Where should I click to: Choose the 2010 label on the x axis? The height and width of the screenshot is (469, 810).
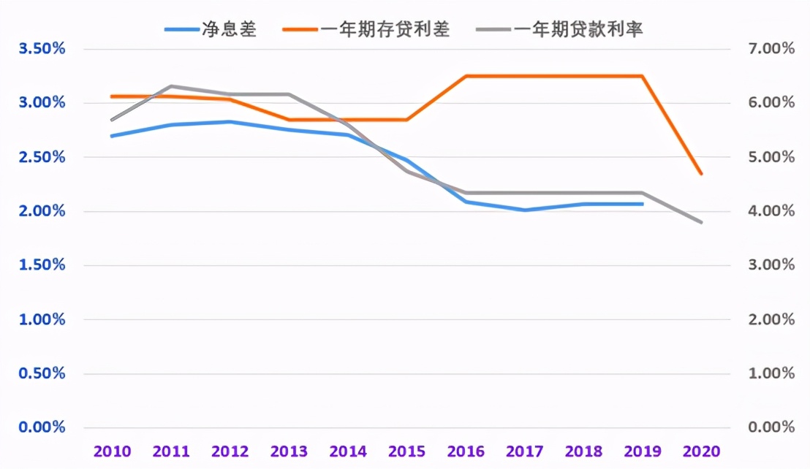coord(112,451)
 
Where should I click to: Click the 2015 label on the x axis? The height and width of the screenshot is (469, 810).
coord(407,451)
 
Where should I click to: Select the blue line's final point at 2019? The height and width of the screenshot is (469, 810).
coord(643,204)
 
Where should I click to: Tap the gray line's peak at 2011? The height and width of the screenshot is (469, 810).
coord(170,86)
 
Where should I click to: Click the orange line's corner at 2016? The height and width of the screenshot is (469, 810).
coord(466,76)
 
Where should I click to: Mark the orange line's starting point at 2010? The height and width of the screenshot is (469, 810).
coord(112,96)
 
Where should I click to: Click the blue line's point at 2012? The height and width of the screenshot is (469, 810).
coord(230,122)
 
